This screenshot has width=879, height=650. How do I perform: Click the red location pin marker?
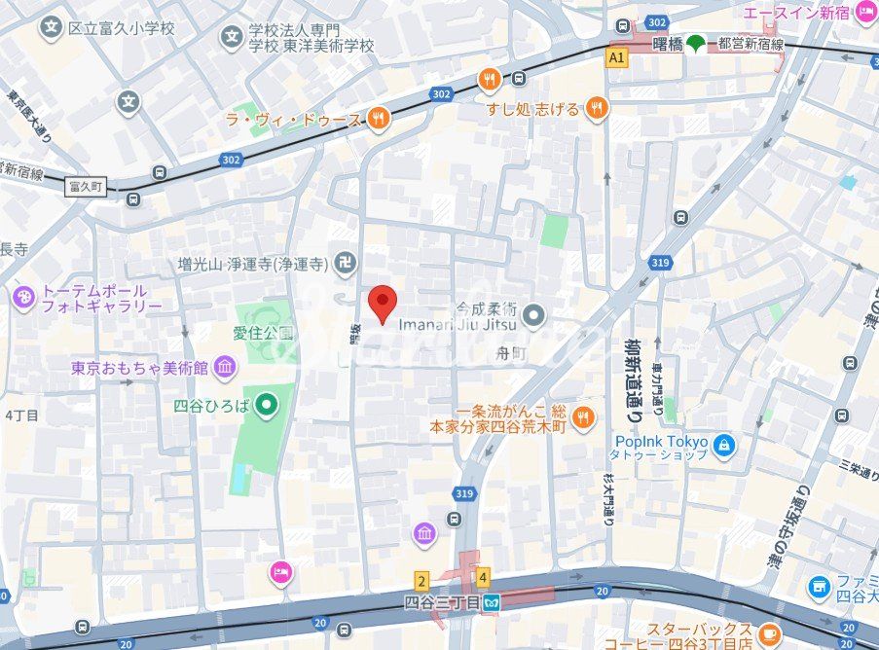click(383, 303)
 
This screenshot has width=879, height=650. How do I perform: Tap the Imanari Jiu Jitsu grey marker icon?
click(532, 314)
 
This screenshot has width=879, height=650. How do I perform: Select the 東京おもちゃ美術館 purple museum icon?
click(225, 367)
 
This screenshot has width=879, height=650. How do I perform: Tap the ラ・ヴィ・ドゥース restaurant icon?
click(379, 120)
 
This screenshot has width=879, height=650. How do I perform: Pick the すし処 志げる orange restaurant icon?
click(597, 108)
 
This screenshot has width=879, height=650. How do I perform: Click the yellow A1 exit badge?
click(615, 58)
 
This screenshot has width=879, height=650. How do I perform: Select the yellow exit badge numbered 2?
click(421, 581)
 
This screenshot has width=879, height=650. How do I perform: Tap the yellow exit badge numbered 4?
click(483, 578)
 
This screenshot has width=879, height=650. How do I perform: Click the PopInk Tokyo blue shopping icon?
click(723, 446)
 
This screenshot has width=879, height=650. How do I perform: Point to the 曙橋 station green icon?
click(695, 44)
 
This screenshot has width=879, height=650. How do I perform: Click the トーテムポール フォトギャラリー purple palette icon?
click(23, 298)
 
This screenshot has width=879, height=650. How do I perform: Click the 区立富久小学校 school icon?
click(52, 28)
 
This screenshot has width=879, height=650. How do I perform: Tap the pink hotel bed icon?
click(281, 572)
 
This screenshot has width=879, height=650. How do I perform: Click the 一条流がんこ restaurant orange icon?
click(582, 417)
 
